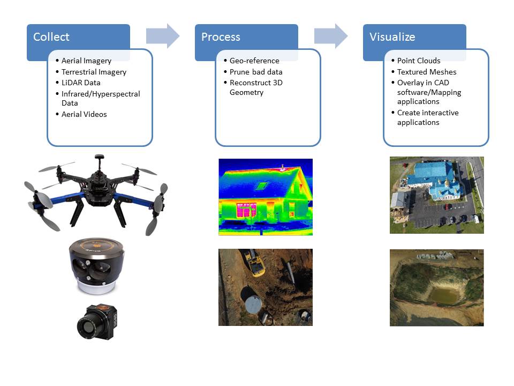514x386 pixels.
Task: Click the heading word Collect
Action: (x=51, y=37)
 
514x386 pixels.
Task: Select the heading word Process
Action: (x=221, y=37)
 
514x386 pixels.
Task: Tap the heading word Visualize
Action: (x=392, y=37)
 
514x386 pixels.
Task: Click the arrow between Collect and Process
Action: (x=163, y=36)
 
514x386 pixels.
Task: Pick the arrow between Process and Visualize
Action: (x=331, y=36)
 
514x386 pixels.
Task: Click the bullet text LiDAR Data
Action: (x=81, y=83)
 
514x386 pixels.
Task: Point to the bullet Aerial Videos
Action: (x=84, y=114)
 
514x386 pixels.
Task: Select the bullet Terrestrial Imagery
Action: (x=94, y=72)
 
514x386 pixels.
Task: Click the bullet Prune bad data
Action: (x=256, y=72)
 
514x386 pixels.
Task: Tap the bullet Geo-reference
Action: (x=254, y=61)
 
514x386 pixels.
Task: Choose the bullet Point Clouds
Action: (x=419, y=61)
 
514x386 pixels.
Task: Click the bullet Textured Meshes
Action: (x=427, y=72)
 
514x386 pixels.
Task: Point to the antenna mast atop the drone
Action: (x=99, y=162)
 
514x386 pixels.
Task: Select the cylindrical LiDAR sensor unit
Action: (x=97, y=266)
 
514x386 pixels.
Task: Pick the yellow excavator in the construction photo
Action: (x=253, y=262)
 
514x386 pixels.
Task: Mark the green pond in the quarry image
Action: (x=443, y=295)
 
